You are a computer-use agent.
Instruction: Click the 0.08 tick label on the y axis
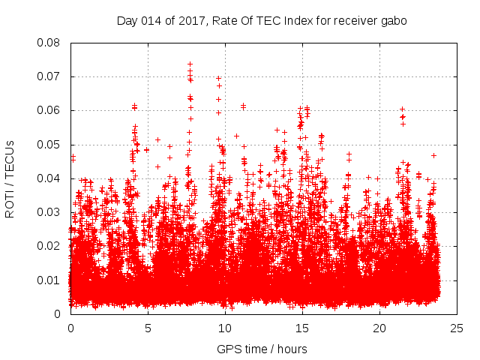pos(51,43)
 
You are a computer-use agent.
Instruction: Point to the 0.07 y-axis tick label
pos(51,76)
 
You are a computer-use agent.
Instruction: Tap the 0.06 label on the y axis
pos(51,110)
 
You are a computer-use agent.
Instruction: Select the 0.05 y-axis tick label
pos(51,144)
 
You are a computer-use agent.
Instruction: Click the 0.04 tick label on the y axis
pos(51,178)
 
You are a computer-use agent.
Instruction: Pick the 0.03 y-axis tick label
pos(51,212)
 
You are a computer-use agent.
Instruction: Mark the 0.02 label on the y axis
pos(51,246)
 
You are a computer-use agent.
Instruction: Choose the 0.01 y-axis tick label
pos(51,280)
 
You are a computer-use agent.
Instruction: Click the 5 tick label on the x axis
pos(148,328)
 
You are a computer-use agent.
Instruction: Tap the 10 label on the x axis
pos(225,328)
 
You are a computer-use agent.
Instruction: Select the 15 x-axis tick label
pos(302,328)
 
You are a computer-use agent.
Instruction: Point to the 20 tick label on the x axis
pos(379,328)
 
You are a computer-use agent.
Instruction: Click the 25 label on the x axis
pos(457,328)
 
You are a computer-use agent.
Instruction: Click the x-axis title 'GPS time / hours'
pos(263,349)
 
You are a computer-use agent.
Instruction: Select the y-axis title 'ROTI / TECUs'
pos(10,178)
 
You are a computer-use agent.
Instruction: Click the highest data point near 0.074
pos(190,64)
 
